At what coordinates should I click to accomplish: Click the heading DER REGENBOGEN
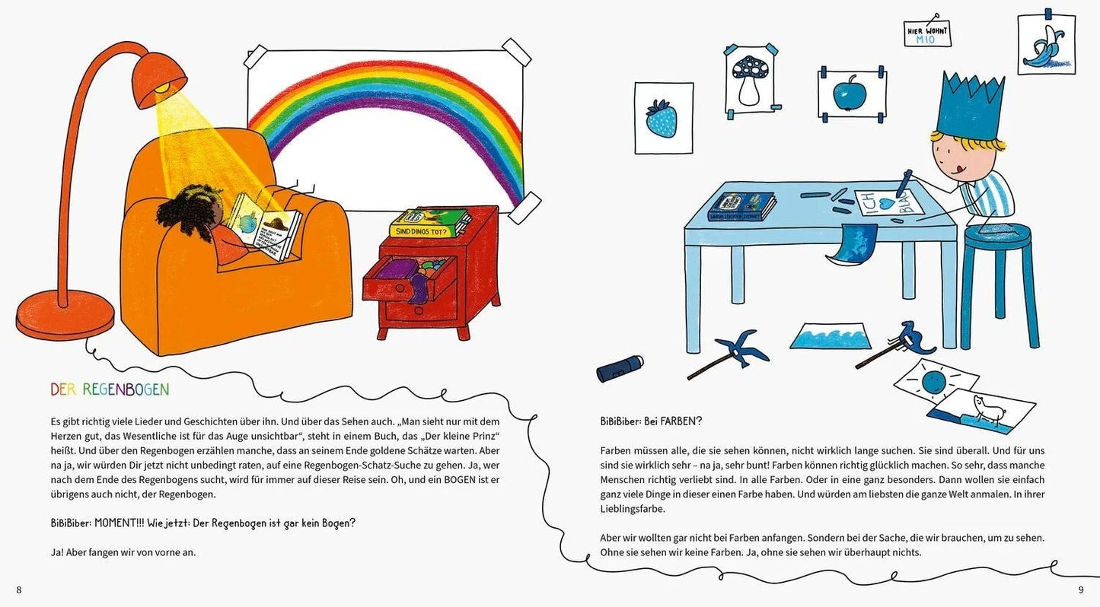[x=110, y=390]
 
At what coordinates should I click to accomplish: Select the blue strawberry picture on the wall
[x=663, y=118]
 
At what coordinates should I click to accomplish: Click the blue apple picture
[x=851, y=94]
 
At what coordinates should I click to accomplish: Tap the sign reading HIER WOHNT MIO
[x=926, y=33]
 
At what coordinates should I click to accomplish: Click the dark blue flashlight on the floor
[x=620, y=368]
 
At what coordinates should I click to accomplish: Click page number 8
[x=19, y=590]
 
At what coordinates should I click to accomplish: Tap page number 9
[x=1080, y=590]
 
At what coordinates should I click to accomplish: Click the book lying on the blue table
[x=741, y=206]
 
